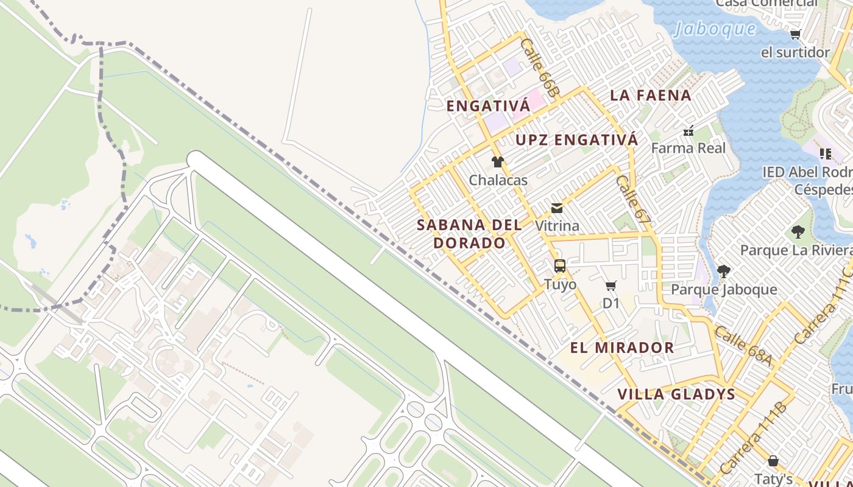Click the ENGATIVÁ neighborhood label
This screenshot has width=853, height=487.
tap(488, 106)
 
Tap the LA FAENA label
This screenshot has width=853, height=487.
tap(651, 96)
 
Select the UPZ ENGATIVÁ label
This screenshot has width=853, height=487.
tap(576, 140)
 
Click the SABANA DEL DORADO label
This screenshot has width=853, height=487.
tap(469, 234)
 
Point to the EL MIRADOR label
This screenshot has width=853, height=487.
tap(622, 348)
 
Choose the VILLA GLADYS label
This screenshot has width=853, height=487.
tap(676, 394)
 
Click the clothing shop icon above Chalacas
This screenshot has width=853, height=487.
tap(498, 162)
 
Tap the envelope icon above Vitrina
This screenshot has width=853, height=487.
tap(557, 208)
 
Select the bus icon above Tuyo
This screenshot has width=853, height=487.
tap(560, 266)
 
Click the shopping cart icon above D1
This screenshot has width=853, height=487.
tap(611, 286)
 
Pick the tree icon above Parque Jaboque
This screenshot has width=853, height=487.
tap(723, 272)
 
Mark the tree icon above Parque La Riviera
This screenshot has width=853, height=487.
tap(798, 232)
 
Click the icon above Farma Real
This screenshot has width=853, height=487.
tap(688, 130)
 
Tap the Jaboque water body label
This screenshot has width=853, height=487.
tap(715, 29)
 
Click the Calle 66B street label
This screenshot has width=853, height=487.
tap(539, 68)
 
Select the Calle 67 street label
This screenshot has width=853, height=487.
tap(633, 198)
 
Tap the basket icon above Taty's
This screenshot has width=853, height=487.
tap(773, 461)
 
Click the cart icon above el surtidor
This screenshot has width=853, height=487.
tap(795, 35)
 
